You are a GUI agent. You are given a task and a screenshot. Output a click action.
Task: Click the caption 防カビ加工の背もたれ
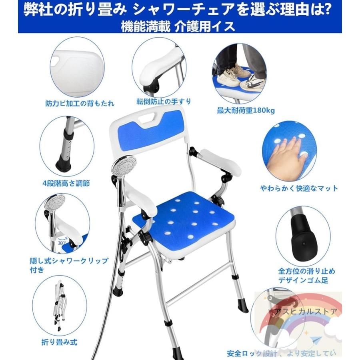click(80, 104)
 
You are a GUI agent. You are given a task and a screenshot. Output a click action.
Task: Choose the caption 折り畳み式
click(59, 342)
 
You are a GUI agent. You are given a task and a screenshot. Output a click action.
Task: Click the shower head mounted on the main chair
click(124, 166)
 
